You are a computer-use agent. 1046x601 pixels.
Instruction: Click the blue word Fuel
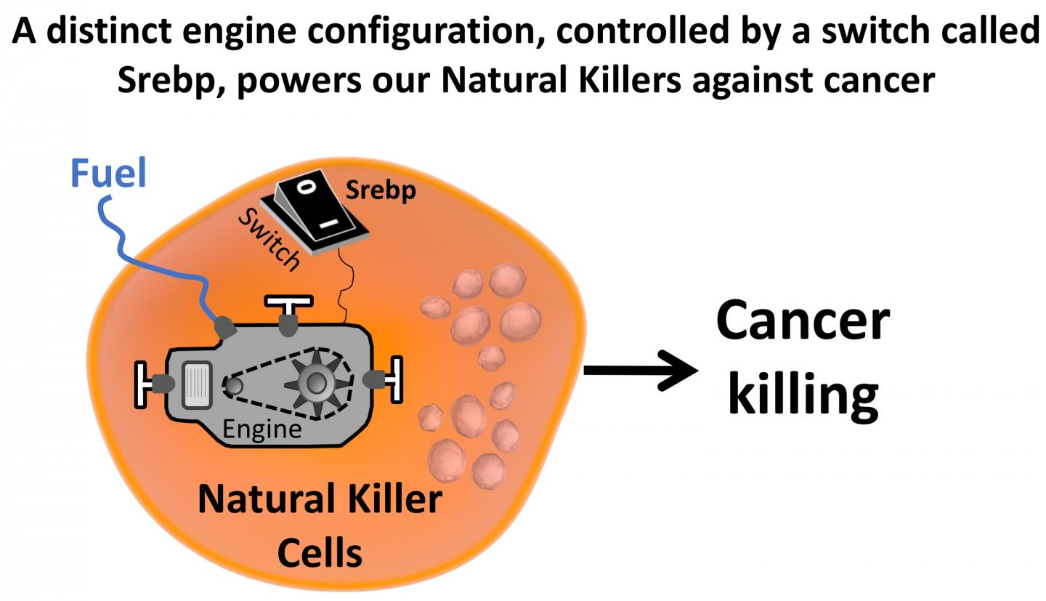point(108,174)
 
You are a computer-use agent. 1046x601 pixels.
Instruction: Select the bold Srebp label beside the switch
point(381,190)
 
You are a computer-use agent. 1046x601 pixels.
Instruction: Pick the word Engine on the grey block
point(261,429)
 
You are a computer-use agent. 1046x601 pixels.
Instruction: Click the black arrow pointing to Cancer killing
point(639,371)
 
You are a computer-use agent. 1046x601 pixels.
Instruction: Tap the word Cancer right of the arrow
point(802,320)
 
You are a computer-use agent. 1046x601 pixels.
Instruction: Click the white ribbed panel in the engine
point(197,384)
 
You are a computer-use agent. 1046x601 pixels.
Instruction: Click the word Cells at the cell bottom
point(320,552)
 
